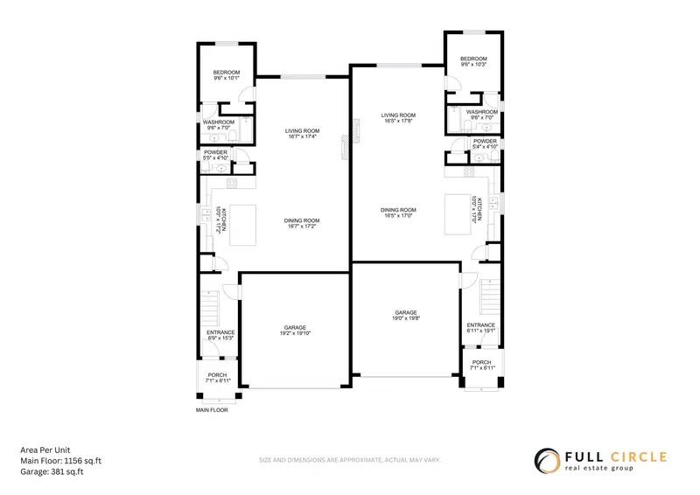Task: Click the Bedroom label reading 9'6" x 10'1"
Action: tap(227, 75)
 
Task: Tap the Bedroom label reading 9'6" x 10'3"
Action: tap(473, 62)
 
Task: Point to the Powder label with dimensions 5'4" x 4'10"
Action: tap(485, 143)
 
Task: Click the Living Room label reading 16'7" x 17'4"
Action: tap(300, 134)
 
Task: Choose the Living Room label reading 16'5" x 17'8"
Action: tap(397, 118)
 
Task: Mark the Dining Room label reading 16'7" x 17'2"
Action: tap(301, 223)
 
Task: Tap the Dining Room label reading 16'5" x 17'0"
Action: tap(398, 213)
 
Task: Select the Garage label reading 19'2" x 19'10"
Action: tap(295, 331)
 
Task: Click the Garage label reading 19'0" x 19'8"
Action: tap(406, 316)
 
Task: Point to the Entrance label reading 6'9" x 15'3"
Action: tap(220, 335)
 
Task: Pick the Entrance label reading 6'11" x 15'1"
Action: tap(481, 327)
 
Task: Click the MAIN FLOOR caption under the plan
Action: tap(212, 409)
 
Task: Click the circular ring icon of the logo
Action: tap(548, 461)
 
